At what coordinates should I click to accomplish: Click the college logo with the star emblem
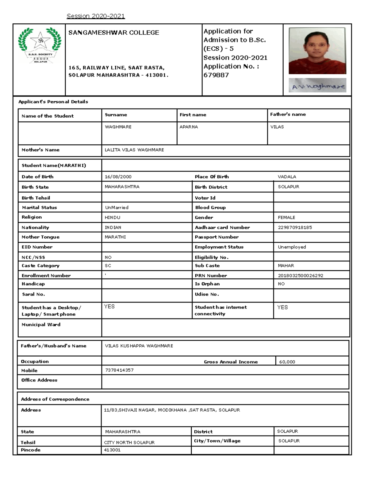[x=40, y=46]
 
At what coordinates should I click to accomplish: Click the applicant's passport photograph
[x=317, y=51]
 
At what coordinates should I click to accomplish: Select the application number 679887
[x=216, y=75]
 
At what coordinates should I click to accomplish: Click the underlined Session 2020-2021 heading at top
[x=96, y=16]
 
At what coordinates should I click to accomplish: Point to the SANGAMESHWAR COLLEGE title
[x=114, y=33]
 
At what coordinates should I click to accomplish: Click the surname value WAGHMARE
[x=118, y=127]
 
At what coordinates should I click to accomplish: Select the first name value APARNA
[x=189, y=127]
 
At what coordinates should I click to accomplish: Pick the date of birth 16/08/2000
[x=118, y=177]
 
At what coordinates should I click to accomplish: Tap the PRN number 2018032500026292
[x=300, y=276]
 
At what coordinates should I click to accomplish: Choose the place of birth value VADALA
[x=287, y=177]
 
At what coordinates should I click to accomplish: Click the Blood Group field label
[x=210, y=208]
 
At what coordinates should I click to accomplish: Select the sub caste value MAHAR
[x=286, y=266]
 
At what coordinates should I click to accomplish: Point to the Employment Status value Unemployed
[x=292, y=247]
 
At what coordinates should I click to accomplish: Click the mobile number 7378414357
[x=119, y=370]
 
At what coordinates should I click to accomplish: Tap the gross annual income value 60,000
[x=287, y=362]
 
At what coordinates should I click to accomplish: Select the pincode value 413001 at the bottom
[x=112, y=450]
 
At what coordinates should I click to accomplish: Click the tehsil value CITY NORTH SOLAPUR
[x=129, y=443]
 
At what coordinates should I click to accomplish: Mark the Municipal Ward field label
[x=41, y=325]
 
